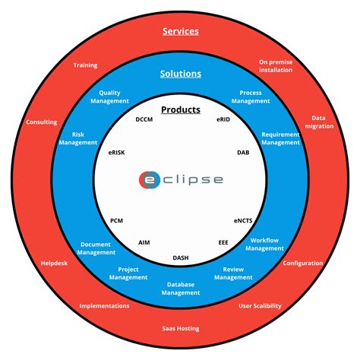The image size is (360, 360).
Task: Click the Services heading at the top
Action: tap(181, 32)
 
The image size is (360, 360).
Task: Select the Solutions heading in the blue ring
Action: tap(181, 74)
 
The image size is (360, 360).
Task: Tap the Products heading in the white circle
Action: tap(181, 109)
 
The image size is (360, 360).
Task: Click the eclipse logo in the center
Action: tap(181, 180)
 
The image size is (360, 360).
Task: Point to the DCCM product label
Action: tap(145, 119)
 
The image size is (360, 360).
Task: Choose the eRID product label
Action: tap(223, 119)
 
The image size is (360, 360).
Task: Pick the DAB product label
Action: tap(243, 152)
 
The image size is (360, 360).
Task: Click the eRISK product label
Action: tap(117, 152)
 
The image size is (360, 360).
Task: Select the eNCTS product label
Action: tap(244, 220)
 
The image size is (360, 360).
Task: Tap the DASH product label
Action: tap(181, 258)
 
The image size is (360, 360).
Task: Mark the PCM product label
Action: tap(117, 220)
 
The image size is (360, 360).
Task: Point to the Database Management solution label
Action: tap(181, 288)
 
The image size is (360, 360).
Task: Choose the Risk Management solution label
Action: tap(79, 138)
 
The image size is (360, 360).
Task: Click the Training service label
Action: tap(85, 65)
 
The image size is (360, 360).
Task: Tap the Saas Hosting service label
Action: tap(181, 328)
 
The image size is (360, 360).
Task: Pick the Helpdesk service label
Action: tap(54, 264)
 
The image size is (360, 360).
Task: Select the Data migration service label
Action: tap(318, 122)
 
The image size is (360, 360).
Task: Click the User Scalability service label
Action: tap(260, 306)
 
